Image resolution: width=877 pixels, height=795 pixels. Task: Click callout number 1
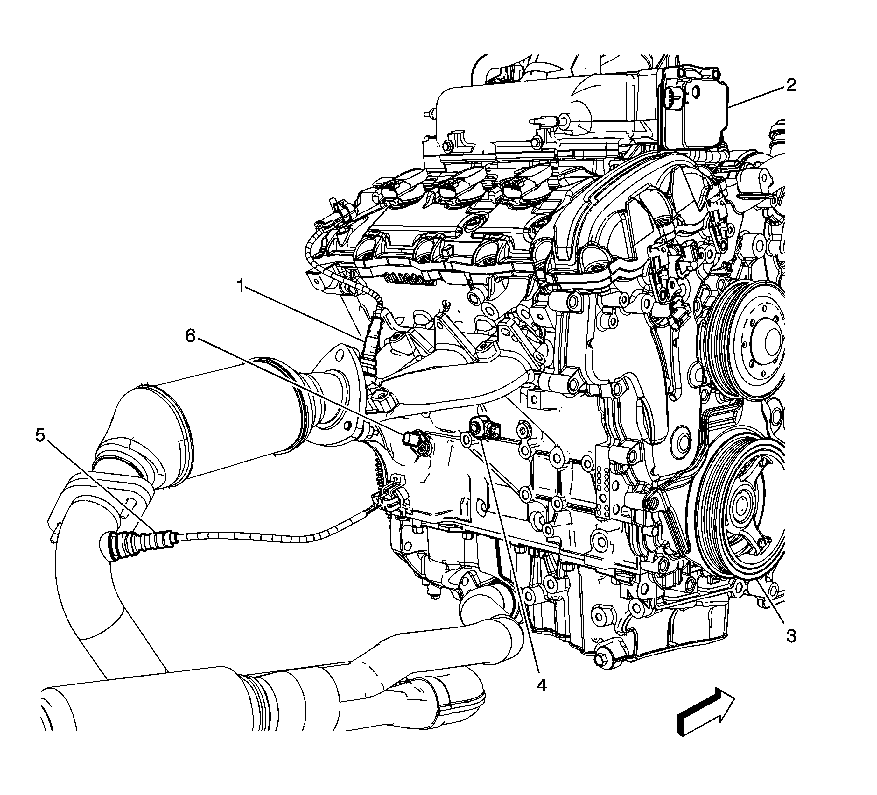tap(241, 286)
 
